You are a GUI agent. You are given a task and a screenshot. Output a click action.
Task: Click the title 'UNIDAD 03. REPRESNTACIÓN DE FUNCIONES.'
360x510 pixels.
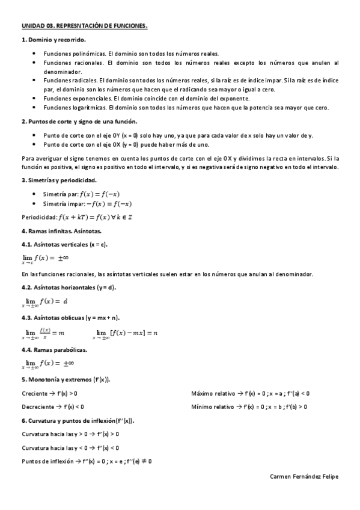(x=84, y=27)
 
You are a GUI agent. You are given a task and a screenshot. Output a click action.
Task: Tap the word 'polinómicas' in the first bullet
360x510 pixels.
(x=89, y=54)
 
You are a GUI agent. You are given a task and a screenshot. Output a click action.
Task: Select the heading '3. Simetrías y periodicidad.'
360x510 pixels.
(x=59, y=180)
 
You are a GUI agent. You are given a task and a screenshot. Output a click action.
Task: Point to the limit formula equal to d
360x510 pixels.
(x=45, y=302)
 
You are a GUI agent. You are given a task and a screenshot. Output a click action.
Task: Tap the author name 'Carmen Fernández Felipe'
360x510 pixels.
(x=305, y=476)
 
